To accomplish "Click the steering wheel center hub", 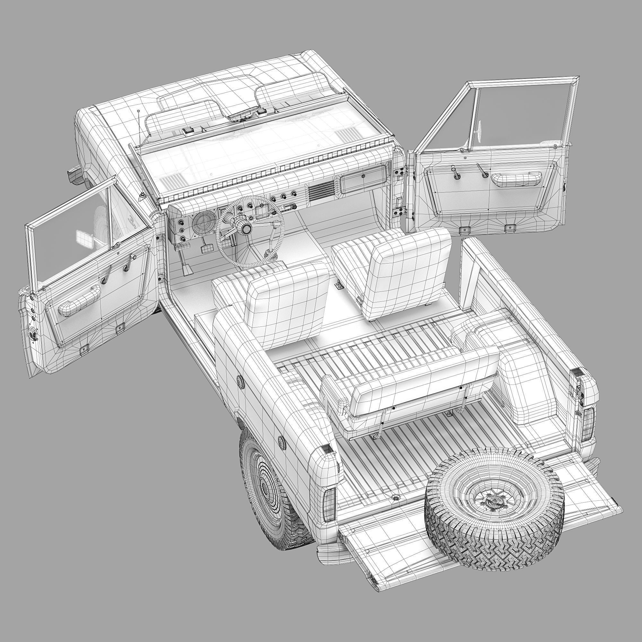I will (246, 228).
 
